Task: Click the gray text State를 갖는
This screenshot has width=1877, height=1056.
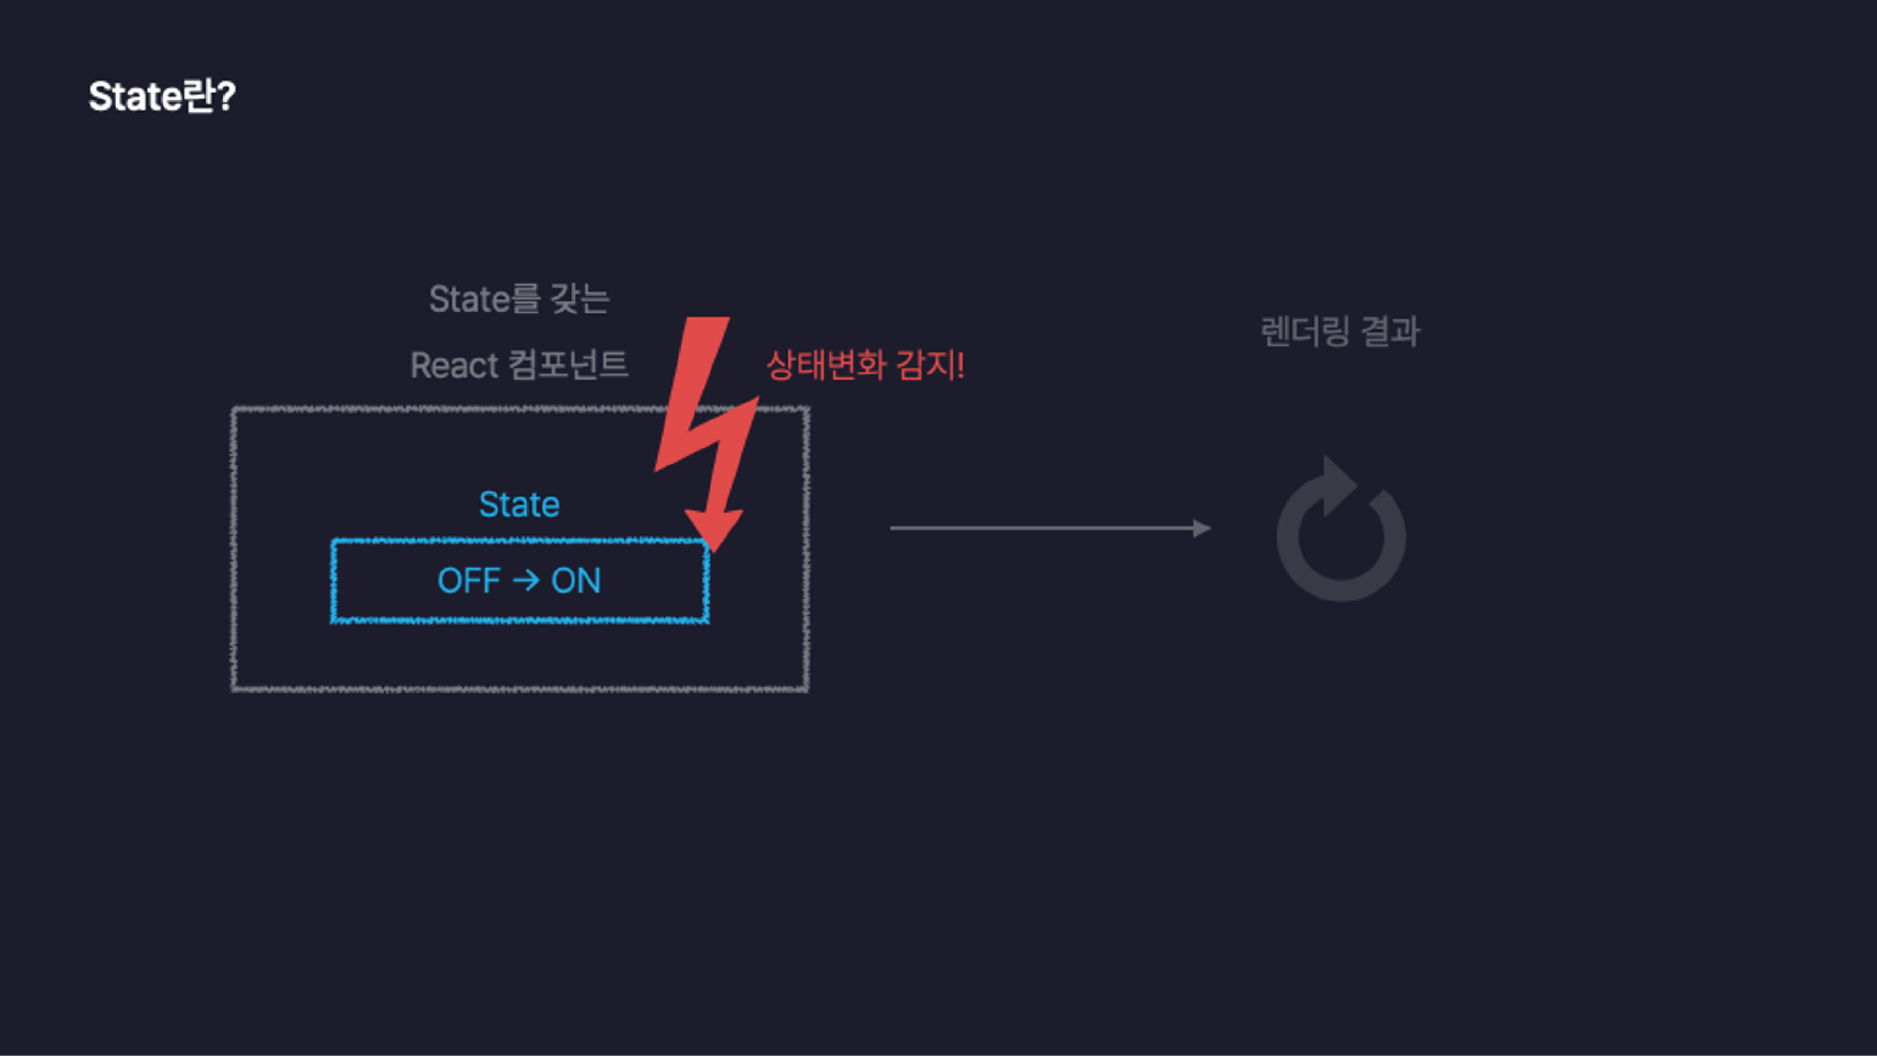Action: point(519,299)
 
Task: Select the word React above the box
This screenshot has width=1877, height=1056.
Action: point(454,365)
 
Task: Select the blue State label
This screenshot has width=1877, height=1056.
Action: point(519,504)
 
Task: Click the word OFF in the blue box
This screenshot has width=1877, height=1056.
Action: point(469,581)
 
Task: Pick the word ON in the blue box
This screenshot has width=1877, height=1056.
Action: point(576,581)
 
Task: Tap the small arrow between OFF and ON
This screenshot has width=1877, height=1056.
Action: point(525,581)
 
